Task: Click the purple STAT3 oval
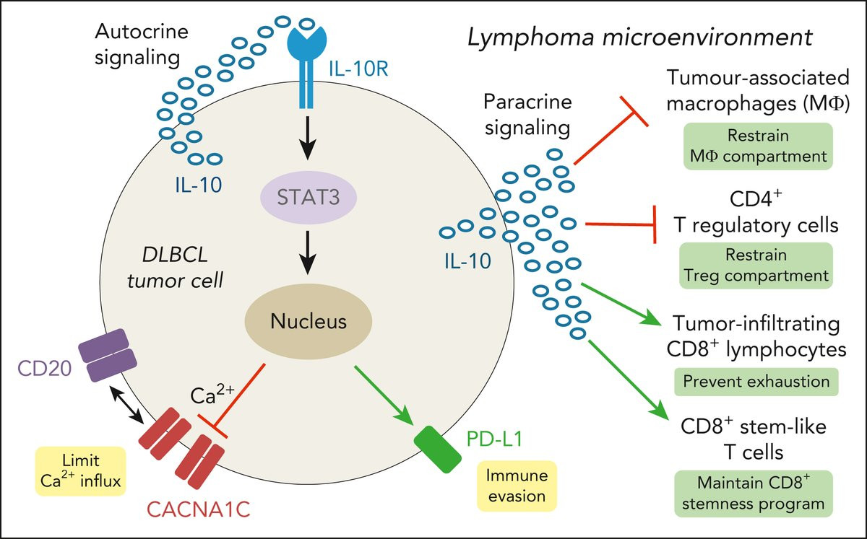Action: [x=309, y=196]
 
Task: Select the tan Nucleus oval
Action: [x=309, y=322]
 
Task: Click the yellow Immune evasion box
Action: [x=517, y=486]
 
